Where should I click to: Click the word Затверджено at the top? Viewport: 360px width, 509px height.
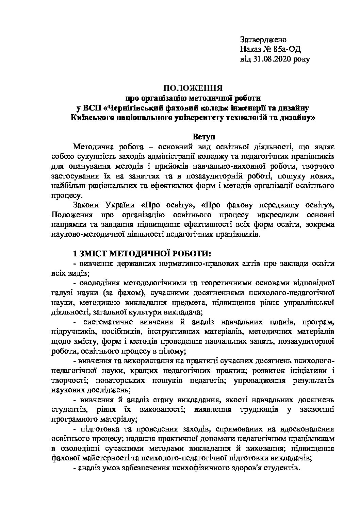[x=263, y=39]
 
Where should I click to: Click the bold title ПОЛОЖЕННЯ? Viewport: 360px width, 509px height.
[x=193, y=88]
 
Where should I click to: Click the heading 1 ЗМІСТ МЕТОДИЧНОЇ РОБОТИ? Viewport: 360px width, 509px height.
[x=142, y=254]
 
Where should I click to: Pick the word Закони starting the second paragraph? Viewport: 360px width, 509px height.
[x=84, y=205]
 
